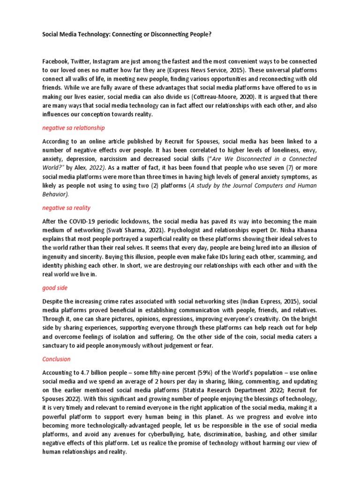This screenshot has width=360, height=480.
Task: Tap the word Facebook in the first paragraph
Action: (x=56, y=62)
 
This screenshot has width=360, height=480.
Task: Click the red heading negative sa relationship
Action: (x=74, y=127)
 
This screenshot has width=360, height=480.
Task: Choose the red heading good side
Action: (x=56, y=288)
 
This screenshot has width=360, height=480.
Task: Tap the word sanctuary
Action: (x=58, y=345)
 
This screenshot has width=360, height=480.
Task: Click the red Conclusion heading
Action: (x=56, y=359)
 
